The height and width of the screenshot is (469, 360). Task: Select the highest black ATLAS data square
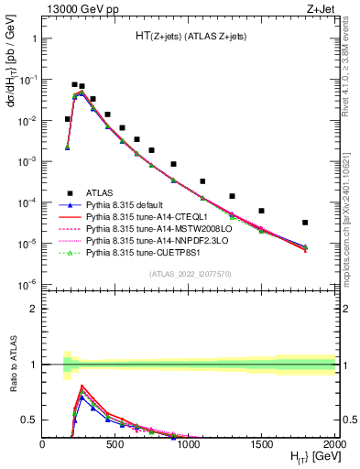tap(74, 84)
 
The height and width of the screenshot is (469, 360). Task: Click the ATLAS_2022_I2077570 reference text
tap(189, 274)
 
